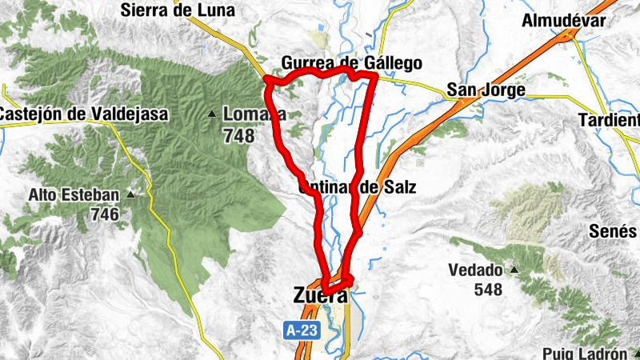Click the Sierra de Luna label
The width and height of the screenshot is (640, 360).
(x=178, y=10)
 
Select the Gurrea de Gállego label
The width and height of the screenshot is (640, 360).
(x=351, y=63)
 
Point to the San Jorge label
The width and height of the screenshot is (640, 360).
(x=486, y=90)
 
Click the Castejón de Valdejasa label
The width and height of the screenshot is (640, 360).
(x=84, y=114)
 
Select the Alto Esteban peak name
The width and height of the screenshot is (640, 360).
(x=73, y=194)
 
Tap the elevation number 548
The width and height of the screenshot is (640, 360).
(x=487, y=289)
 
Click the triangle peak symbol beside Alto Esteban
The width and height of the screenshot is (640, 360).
(x=130, y=194)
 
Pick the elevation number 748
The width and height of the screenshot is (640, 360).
(x=239, y=136)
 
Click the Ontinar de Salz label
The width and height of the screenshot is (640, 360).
(x=358, y=189)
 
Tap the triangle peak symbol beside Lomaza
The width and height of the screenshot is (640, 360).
(x=212, y=114)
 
